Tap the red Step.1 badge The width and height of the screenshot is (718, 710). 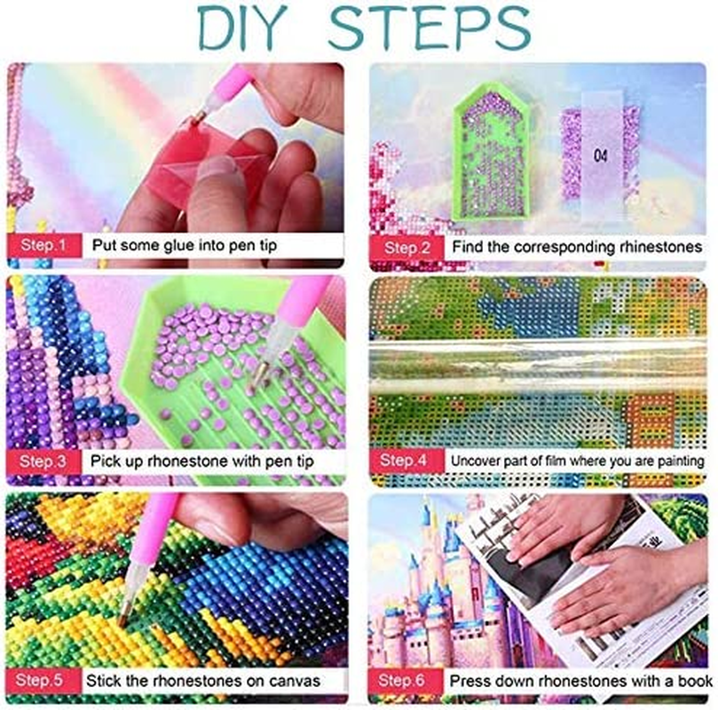(43, 246)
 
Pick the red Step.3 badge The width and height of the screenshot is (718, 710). (43, 461)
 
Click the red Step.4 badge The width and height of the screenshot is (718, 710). (404, 461)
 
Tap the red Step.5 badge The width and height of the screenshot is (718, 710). (43, 681)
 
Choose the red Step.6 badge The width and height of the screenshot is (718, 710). (404, 681)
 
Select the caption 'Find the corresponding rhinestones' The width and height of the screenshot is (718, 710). (576, 246)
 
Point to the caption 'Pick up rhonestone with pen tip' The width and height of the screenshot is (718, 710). (201, 461)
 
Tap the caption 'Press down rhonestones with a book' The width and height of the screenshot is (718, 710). (580, 681)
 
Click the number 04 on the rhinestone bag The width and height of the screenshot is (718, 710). (601, 154)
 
